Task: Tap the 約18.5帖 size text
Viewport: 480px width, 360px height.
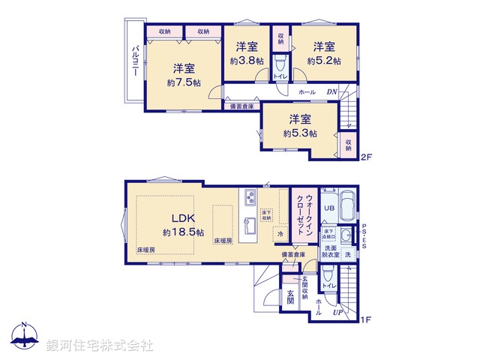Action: pyautogui.click(x=183, y=232)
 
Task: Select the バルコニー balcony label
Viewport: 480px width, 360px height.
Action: pyautogui.click(x=136, y=58)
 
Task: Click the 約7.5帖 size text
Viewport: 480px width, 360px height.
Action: pyautogui.click(x=184, y=82)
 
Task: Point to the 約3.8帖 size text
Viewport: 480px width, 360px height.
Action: pyautogui.click(x=247, y=60)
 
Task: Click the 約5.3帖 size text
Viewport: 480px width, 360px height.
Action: pyautogui.click(x=300, y=133)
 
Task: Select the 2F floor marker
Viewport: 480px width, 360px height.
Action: pyautogui.click(x=366, y=157)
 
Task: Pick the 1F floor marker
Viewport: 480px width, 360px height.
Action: pyautogui.click(x=366, y=320)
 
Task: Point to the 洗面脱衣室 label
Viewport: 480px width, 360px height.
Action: pyautogui.click(x=331, y=251)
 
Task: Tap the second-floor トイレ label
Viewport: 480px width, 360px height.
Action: pyautogui.click(x=280, y=76)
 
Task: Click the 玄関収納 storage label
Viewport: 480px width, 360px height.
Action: pyautogui.click(x=305, y=291)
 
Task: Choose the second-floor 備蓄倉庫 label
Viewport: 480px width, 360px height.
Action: pyautogui.click(x=242, y=106)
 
